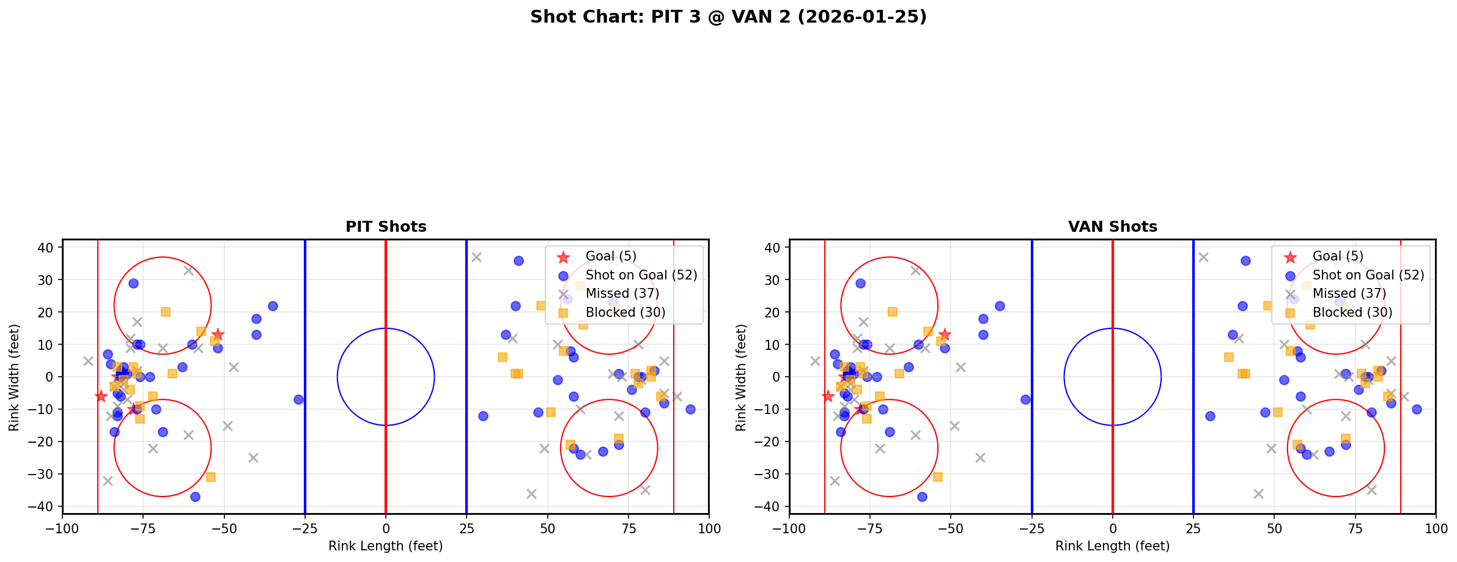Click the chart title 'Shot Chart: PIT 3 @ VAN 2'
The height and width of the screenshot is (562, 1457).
point(728,17)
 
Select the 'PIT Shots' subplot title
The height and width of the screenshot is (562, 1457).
point(386,227)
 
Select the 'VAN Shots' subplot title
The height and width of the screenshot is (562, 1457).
point(1112,227)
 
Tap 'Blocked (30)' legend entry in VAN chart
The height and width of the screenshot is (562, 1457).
point(1352,312)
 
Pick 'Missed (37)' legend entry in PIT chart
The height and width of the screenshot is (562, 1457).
point(622,294)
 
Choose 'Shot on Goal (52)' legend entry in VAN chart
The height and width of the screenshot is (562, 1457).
point(1368,275)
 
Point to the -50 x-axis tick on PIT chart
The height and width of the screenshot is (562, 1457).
point(224,528)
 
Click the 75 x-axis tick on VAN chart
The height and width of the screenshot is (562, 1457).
point(1354,528)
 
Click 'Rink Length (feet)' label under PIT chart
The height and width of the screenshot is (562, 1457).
point(385,546)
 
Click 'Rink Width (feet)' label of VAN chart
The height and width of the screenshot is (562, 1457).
point(741,377)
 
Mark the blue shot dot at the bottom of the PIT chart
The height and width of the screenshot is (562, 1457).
point(195,497)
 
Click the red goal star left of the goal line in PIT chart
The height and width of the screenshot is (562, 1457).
point(101,396)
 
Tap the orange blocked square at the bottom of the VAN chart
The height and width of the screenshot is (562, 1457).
point(937,477)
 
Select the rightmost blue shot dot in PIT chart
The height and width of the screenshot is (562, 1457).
point(690,409)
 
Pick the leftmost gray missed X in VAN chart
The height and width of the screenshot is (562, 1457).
point(815,361)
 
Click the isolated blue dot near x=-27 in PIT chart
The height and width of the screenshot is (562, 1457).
point(298,399)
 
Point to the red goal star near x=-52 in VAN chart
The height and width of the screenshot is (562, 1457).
point(945,335)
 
